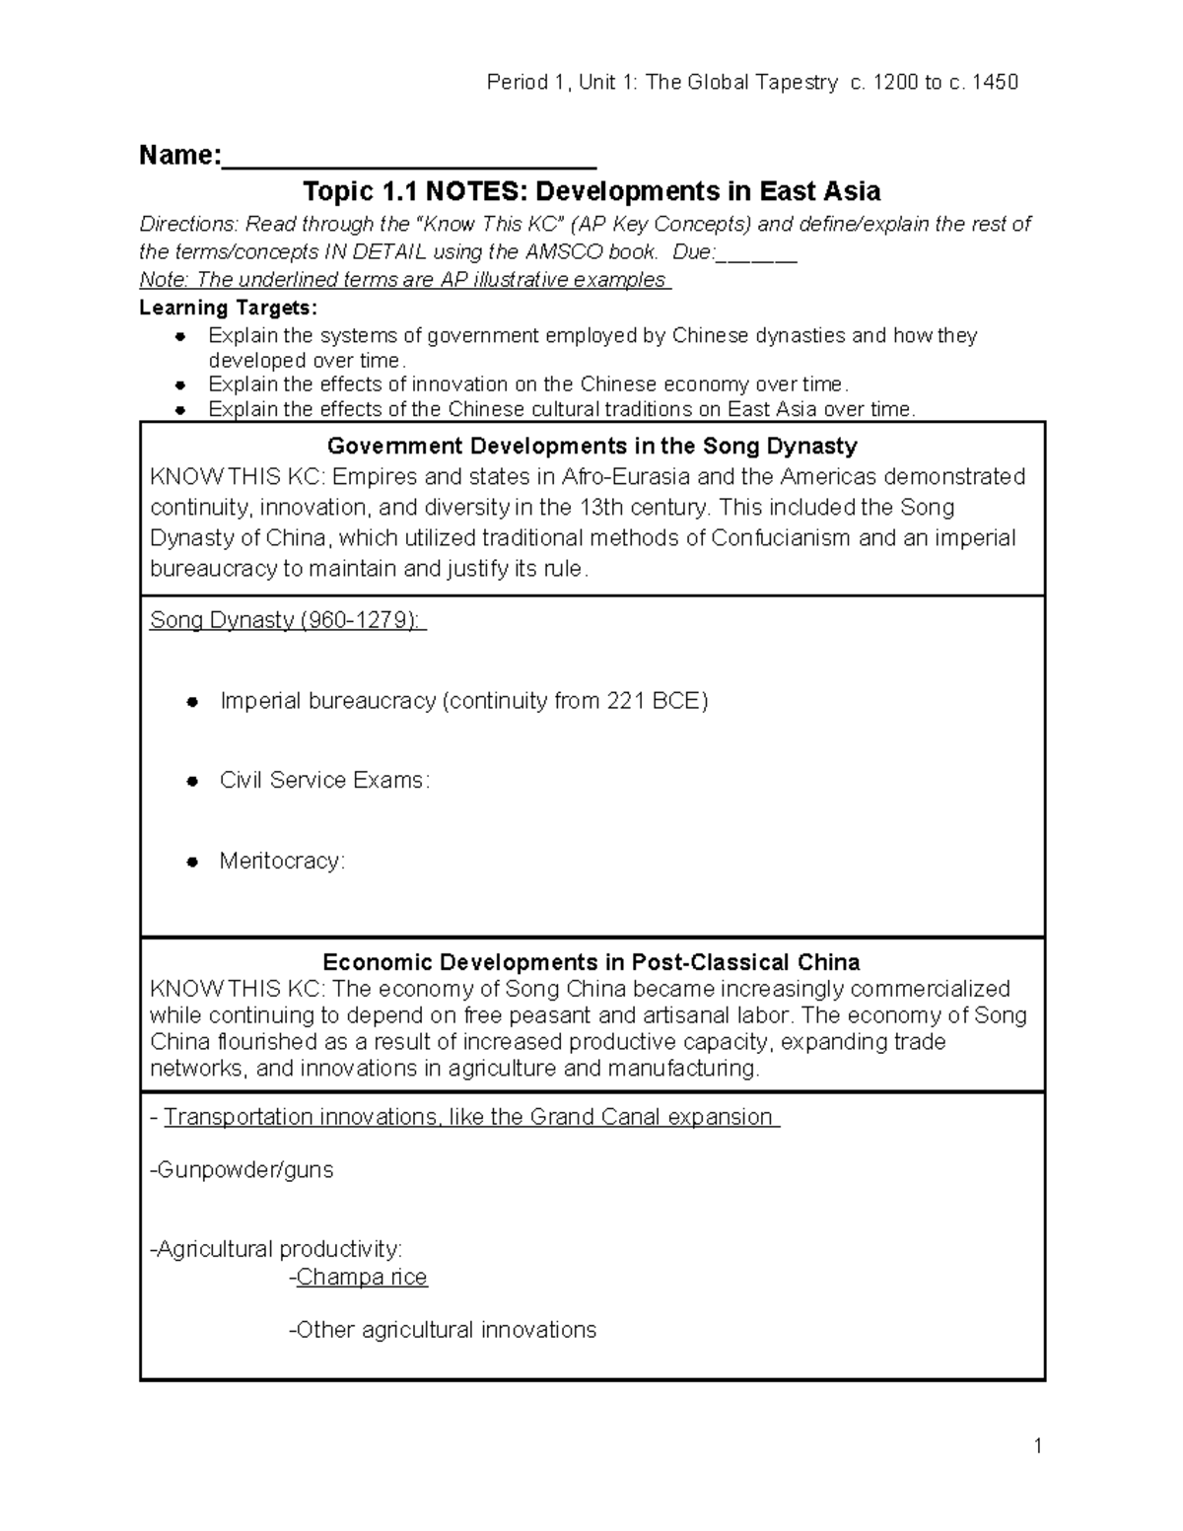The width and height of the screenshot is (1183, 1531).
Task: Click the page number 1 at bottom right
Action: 1037,1446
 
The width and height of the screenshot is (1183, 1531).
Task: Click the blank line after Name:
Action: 409,158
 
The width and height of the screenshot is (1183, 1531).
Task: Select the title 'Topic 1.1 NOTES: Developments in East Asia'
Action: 591,190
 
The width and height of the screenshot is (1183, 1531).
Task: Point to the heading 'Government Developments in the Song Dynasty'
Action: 591,446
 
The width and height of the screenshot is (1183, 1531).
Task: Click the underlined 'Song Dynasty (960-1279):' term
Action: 288,620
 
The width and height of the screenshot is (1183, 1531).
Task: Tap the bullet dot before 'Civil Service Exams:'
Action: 193,781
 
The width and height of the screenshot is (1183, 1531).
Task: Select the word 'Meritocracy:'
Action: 282,861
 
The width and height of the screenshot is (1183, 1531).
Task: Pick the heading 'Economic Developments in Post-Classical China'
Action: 591,962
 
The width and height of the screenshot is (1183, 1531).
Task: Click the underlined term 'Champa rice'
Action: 362,1278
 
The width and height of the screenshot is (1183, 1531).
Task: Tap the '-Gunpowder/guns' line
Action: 242,1170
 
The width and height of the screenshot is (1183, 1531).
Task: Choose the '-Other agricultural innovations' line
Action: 442,1330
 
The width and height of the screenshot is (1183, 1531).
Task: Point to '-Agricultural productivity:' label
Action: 276,1249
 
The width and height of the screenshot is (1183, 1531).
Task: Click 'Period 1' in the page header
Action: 525,82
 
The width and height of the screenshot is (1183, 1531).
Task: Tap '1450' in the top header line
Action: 995,82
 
